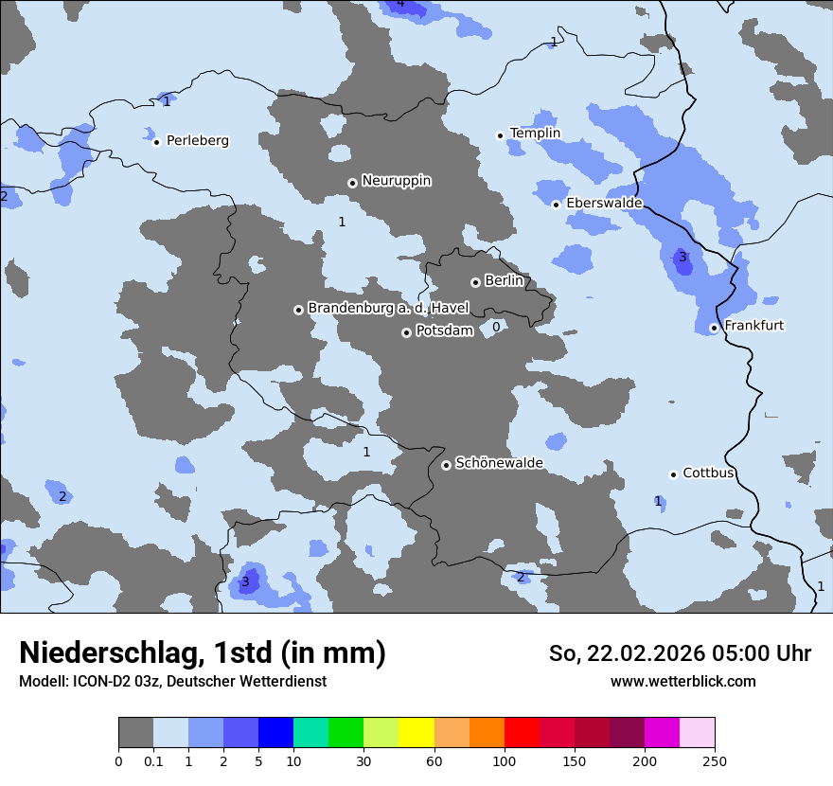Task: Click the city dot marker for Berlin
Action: click(x=475, y=282)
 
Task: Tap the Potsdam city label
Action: click(x=444, y=330)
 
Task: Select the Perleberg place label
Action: click(x=197, y=140)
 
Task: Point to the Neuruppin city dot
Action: click(x=352, y=183)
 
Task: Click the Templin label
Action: click(x=535, y=134)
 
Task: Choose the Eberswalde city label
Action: click(x=604, y=203)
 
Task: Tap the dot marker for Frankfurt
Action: click(x=714, y=329)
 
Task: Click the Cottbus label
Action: click(x=708, y=473)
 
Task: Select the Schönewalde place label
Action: click(x=499, y=463)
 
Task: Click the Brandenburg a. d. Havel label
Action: click(x=388, y=308)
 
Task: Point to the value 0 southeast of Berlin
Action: click(x=496, y=327)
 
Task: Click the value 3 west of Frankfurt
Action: click(x=682, y=257)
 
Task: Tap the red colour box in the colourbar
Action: click(x=522, y=733)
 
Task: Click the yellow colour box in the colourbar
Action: click(x=416, y=733)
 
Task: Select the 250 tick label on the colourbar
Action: click(x=715, y=760)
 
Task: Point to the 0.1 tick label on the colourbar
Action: click(x=153, y=760)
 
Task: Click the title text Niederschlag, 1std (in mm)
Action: click(x=203, y=652)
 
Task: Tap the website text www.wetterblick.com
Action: click(x=682, y=681)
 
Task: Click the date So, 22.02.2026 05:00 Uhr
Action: click(x=680, y=653)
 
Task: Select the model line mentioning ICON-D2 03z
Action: click(x=172, y=681)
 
